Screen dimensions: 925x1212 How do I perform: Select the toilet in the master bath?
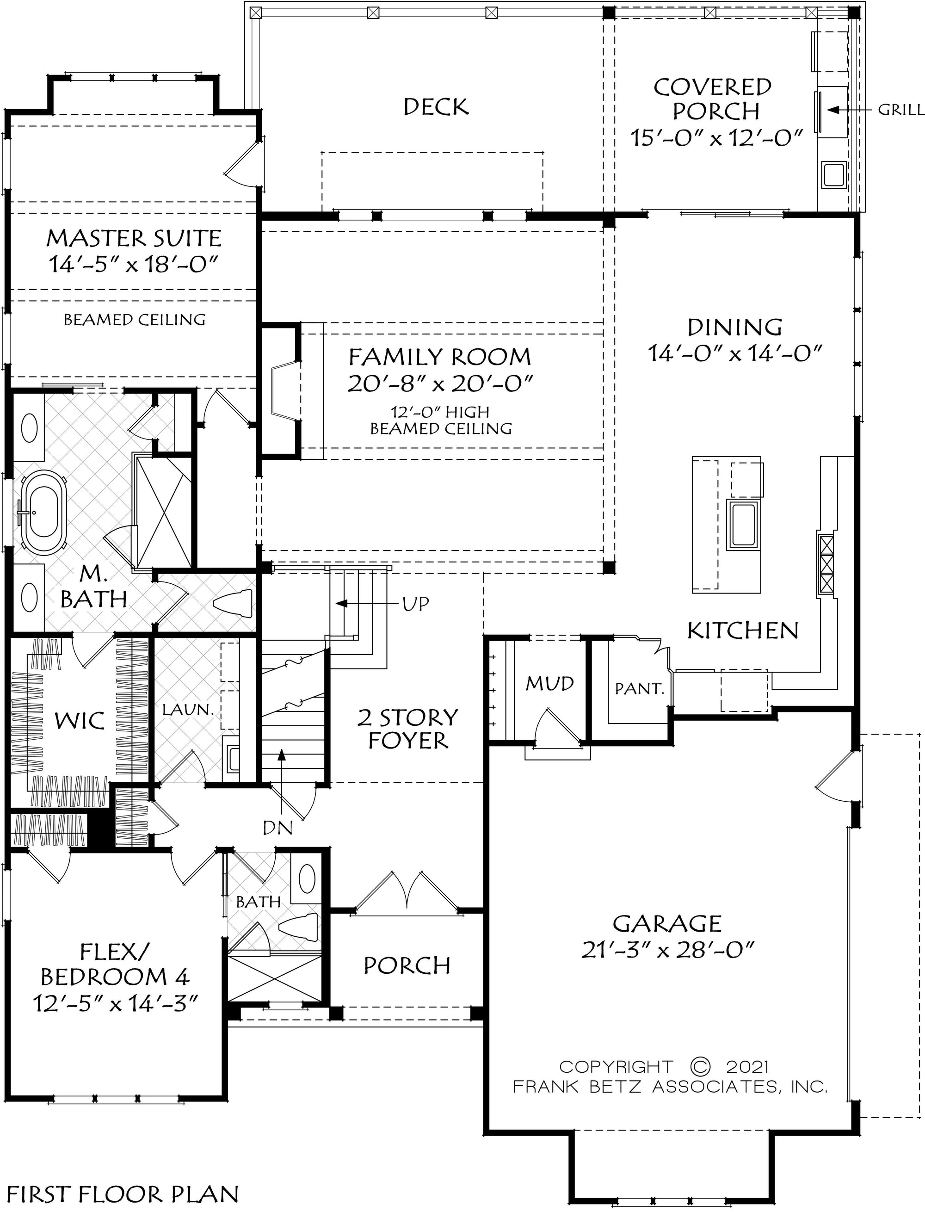click(x=232, y=602)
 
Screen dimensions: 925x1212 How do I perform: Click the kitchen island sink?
click(x=744, y=524)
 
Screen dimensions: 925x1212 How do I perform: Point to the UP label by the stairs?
click(x=415, y=604)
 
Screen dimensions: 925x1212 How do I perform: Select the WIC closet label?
click(x=80, y=720)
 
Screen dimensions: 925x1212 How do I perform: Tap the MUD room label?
click(x=549, y=683)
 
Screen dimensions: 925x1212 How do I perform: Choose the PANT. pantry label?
click(x=639, y=688)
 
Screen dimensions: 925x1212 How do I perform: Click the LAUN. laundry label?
click(x=187, y=710)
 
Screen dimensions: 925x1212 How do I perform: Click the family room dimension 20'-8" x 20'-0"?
click(x=440, y=384)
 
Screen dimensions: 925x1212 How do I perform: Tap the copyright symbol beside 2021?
click(x=700, y=1067)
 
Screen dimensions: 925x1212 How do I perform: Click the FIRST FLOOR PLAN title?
click(x=122, y=1194)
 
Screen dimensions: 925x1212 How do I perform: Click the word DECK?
click(x=436, y=107)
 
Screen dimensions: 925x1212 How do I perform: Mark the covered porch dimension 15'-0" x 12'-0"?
click(x=716, y=138)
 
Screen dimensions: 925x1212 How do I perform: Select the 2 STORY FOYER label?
click(x=408, y=729)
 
